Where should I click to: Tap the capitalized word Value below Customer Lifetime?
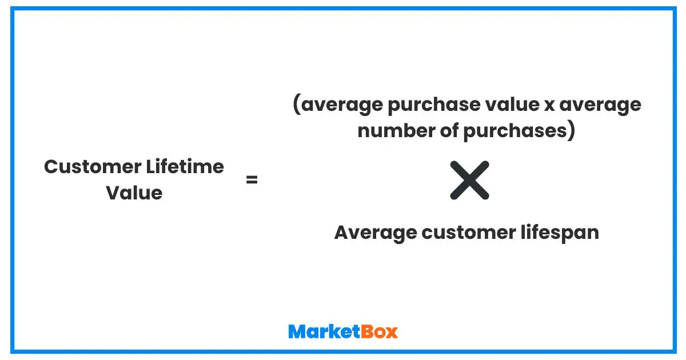click(x=134, y=193)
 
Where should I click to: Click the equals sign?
click(x=252, y=181)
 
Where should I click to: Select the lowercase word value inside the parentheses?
click(x=509, y=106)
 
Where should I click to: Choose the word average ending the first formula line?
click(x=601, y=106)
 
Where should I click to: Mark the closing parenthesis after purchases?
click(x=570, y=131)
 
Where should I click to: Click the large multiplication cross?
click(x=469, y=181)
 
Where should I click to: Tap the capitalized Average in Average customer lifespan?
click(x=374, y=233)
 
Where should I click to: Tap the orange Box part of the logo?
click(x=379, y=331)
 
